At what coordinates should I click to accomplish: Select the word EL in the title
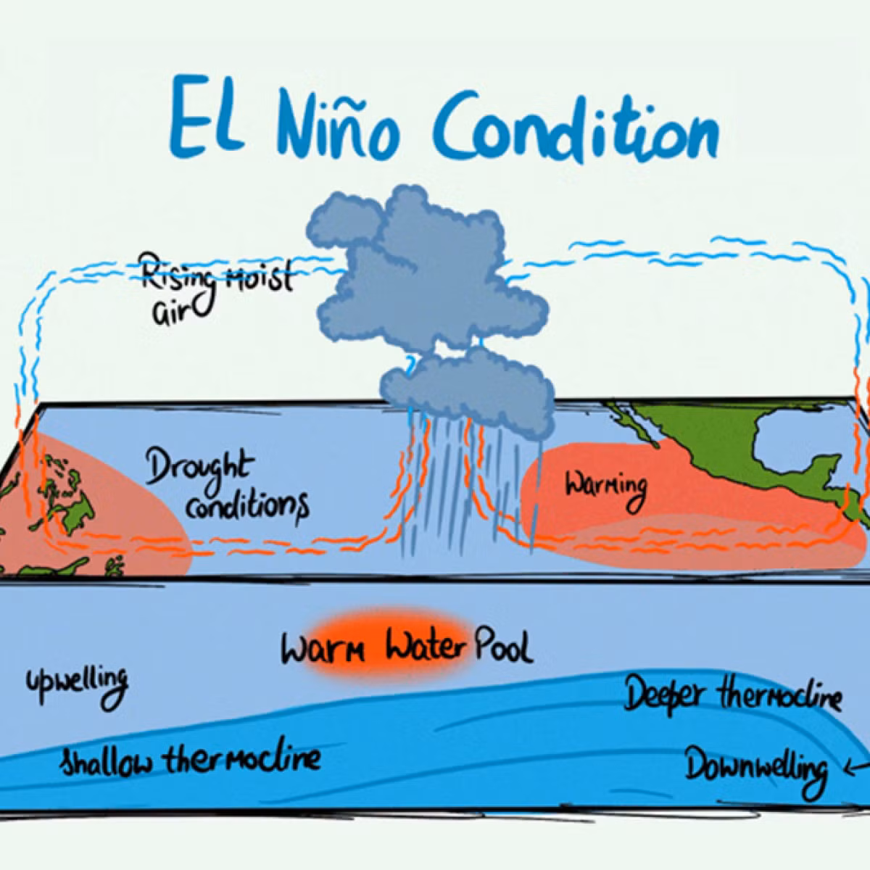(x=207, y=115)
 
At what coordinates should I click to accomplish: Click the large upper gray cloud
(x=424, y=266)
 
